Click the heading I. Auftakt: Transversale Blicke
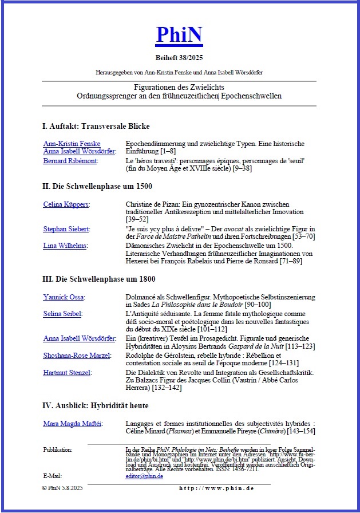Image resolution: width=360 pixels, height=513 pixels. click(96, 126)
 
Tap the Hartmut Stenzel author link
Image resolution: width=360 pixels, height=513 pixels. click(68, 373)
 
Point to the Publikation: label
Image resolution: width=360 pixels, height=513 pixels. click(57, 450)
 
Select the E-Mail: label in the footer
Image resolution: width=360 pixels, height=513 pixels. click(52, 476)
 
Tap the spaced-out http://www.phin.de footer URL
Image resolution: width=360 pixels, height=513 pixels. click(216, 488)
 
